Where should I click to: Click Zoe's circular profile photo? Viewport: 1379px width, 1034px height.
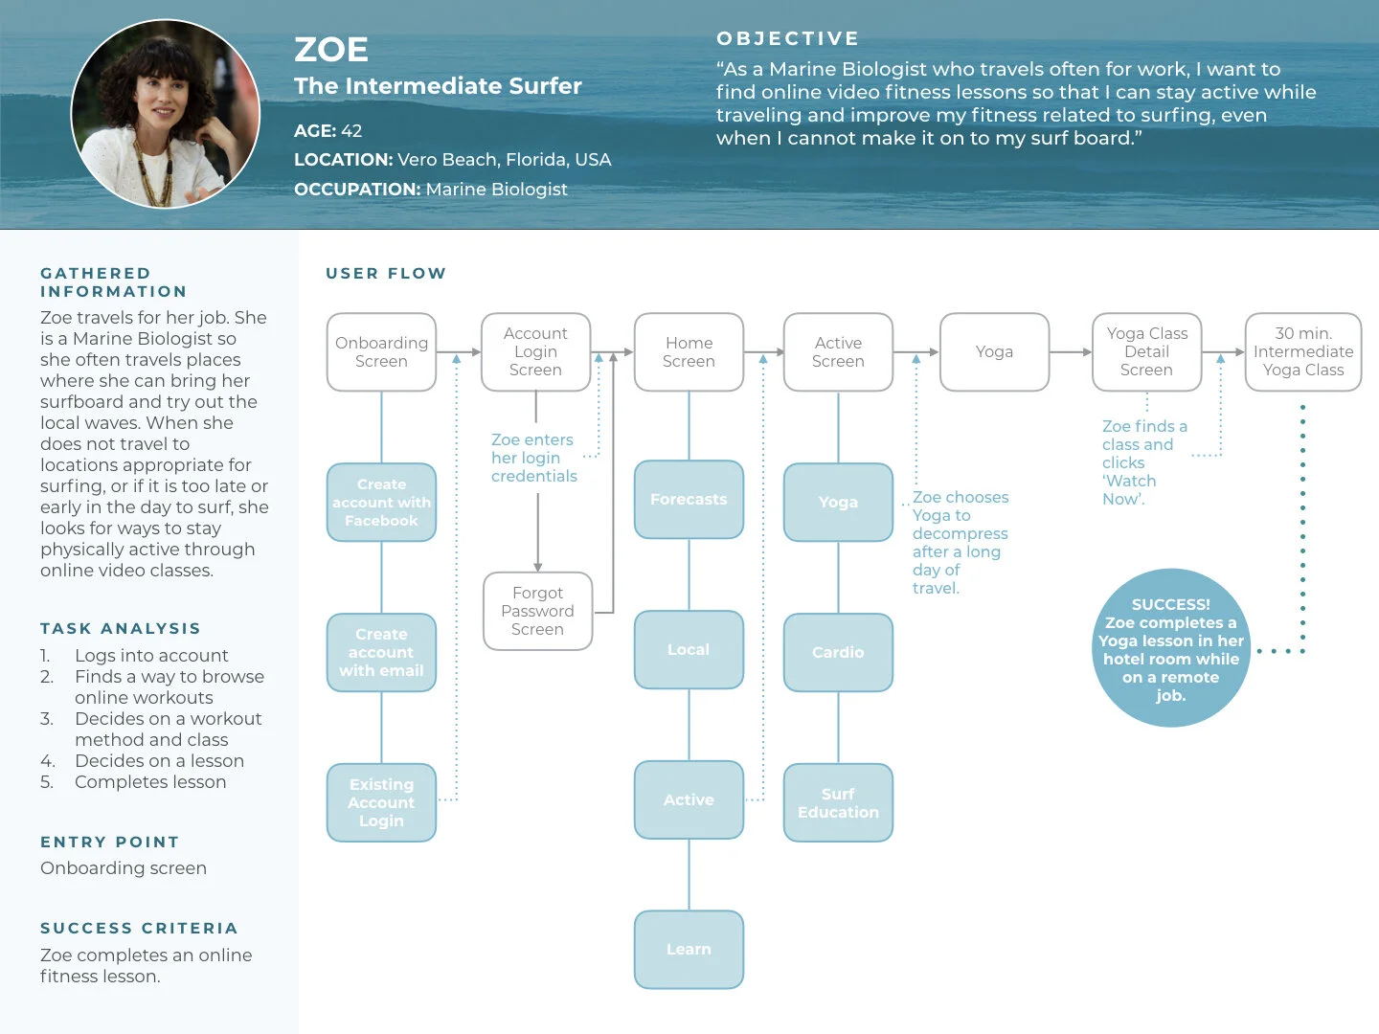coord(166,114)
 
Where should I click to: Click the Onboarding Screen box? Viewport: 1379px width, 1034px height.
coord(381,352)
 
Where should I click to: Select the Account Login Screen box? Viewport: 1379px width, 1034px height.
coord(535,352)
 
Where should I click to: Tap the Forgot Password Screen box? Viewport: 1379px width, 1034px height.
coord(537,612)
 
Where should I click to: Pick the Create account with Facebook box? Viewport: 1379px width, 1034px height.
coord(381,503)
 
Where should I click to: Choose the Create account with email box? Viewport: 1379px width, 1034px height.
coord(381,652)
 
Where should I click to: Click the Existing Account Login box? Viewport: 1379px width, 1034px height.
coord(381,802)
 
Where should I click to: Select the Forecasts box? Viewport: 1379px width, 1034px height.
coord(689,500)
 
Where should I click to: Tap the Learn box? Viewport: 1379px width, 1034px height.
coord(689,949)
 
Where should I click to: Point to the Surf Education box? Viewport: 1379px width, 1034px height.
coord(838,802)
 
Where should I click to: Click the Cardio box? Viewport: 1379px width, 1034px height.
coord(838,652)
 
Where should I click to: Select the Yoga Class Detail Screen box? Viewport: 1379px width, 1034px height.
coord(1146,352)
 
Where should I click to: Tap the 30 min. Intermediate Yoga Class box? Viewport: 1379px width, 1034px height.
coord(1302,352)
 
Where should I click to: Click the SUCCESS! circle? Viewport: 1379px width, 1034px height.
coord(1170,649)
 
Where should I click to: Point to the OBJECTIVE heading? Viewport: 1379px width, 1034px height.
coord(787,38)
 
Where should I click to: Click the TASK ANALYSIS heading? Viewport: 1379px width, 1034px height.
coord(121,628)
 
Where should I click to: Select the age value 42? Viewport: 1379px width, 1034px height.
coord(351,131)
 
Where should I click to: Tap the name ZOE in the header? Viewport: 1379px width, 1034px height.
coord(331,50)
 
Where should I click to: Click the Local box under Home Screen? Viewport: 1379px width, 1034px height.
coord(689,649)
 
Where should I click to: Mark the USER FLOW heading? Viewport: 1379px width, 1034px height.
coord(386,273)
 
